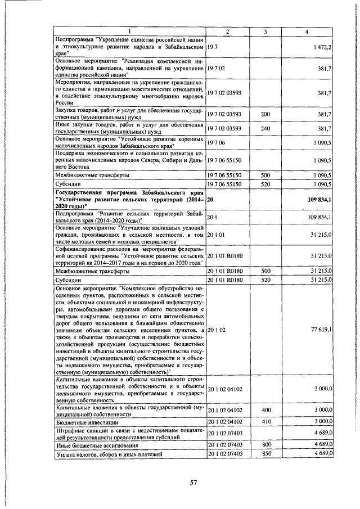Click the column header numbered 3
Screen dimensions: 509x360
pyautogui.click(x=265, y=31)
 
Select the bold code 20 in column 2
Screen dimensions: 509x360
pyautogui.click(x=210, y=200)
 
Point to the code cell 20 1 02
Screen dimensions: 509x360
pyautogui.click(x=217, y=330)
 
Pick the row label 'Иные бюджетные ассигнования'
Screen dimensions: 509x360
pyautogui.click(x=95, y=444)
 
